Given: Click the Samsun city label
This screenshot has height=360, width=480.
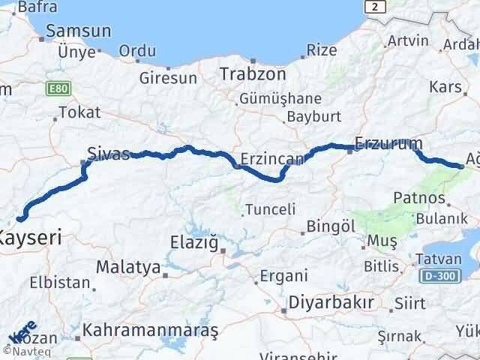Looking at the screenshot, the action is (78, 31).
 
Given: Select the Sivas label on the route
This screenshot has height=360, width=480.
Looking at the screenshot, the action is (109, 153).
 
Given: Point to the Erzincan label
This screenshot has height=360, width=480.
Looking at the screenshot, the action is (271, 159).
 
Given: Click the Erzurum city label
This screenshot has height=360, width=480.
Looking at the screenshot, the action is (388, 142).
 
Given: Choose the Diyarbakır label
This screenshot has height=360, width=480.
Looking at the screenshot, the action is (326, 305).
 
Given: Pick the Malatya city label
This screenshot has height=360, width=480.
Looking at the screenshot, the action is (127, 266).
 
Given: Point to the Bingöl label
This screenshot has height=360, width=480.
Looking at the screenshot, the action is (331, 226).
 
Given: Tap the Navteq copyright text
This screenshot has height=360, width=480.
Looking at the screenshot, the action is (25, 350).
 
